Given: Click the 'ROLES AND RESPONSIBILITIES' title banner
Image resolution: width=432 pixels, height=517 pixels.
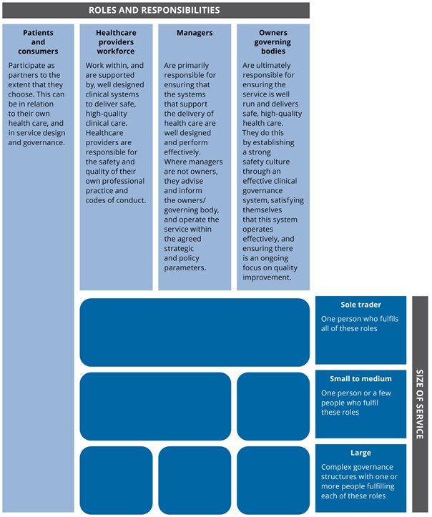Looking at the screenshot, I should tap(154, 10).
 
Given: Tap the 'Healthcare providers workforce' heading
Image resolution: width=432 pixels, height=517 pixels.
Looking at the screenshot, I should tap(115, 42).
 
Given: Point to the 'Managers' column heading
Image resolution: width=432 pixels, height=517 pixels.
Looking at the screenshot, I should tap(194, 33).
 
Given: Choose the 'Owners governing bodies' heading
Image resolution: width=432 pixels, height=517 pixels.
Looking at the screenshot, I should tap(272, 42).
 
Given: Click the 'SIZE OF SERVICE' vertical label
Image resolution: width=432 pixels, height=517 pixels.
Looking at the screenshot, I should tap(420, 405).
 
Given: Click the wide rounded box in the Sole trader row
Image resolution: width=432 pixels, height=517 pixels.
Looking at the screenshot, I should tap(195, 333).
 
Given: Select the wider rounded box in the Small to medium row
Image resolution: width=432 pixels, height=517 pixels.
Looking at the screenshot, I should tap(155, 406).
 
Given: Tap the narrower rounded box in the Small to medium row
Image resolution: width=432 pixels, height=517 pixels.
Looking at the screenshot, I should tap(273, 406).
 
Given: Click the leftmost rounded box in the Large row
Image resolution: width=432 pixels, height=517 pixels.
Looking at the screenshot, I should tap(116, 480).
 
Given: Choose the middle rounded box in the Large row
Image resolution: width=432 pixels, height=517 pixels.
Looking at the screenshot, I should tap(195, 480).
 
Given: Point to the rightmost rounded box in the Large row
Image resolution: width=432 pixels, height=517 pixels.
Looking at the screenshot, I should tap(273, 480).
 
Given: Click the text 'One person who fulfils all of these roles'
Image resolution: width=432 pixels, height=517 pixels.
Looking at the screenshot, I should tap(360, 323).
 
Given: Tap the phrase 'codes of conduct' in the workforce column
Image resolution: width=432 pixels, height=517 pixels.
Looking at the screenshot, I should tap(115, 200).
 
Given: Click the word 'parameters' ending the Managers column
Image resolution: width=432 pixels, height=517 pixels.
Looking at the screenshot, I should tap(185, 268).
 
